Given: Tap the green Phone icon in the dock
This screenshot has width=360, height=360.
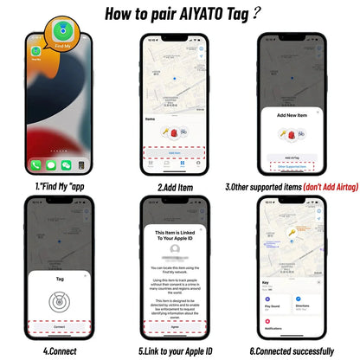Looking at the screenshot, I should click(35, 164).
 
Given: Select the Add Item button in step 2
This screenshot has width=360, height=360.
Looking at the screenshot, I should click(175, 151).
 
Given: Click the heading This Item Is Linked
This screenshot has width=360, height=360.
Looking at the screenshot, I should click(175, 236).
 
